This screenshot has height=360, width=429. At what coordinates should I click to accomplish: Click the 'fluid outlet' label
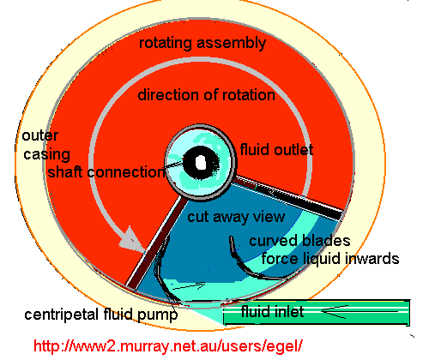pos(275,150)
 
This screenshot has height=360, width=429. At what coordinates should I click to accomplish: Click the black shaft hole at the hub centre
pos(199,161)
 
